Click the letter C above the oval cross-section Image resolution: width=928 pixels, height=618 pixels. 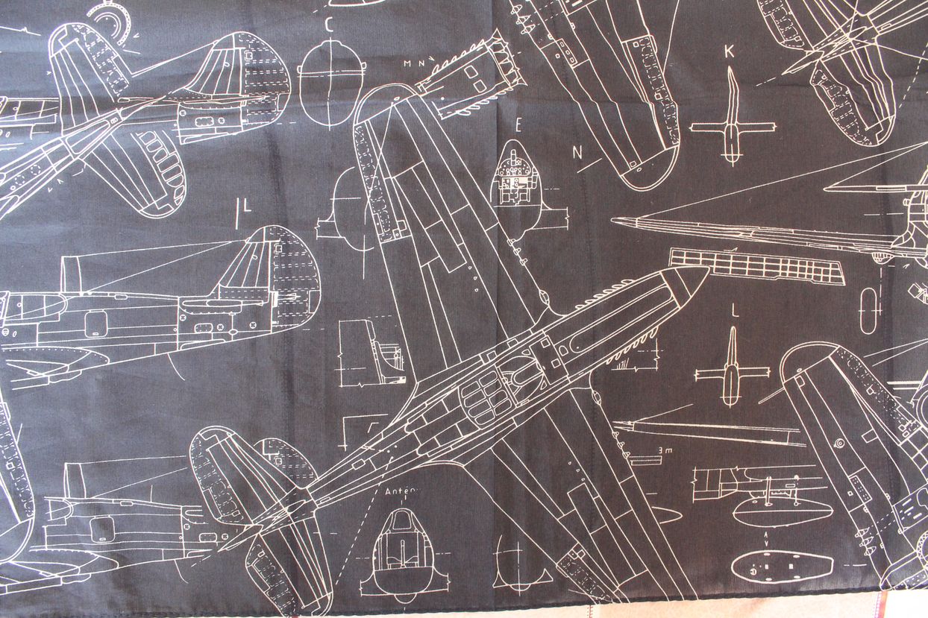point(329,24)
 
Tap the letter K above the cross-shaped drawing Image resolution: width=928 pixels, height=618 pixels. point(730,51)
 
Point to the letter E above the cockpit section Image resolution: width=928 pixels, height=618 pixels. point(518,124)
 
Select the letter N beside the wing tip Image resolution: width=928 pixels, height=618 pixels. point(577,152)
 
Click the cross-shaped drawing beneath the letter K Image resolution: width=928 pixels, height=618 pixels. point(730,123)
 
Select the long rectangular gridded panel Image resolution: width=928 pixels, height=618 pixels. point(756,266)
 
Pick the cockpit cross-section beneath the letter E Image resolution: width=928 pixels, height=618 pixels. point(516,186)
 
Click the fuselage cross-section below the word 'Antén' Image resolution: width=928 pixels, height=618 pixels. point(402,548)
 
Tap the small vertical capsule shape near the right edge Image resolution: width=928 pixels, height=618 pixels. point(869,309)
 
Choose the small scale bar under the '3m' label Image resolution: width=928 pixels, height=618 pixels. point(646,460)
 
